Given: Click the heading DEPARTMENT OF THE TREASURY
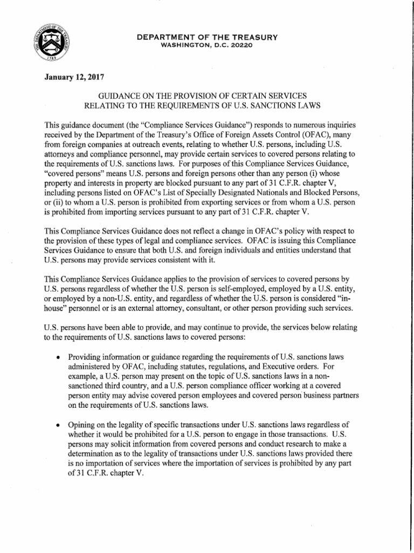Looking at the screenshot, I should click(207, 37).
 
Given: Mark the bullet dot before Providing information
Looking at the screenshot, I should click(57, 358).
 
